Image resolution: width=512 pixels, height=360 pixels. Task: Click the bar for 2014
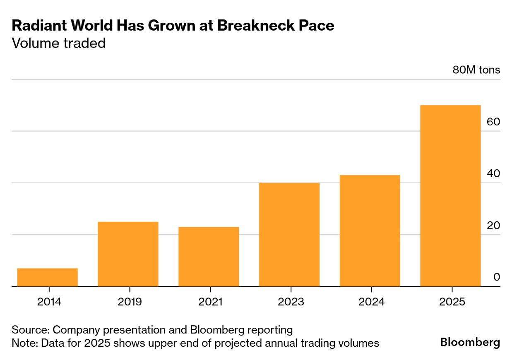(x=48, y=277)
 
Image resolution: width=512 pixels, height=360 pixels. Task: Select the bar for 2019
(x=128, y=254)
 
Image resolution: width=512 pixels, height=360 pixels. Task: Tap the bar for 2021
(x=209, y=257)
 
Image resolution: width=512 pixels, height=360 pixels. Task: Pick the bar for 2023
(x=289, y=235)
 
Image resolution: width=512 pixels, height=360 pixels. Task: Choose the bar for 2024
(x=370, y=230)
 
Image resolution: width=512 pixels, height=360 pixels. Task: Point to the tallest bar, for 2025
(x=450, y=196)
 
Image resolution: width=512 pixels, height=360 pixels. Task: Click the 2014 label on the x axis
(x=49, y=302)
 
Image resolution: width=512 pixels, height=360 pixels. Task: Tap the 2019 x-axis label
(x=130, y=302)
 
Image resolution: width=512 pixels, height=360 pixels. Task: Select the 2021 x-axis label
(x=210, y=302)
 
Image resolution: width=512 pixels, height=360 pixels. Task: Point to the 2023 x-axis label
(x=291, y=302)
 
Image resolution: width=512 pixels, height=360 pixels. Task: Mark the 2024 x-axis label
(x=371, y=302)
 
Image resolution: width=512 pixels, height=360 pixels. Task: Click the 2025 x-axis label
(x=452, y=302)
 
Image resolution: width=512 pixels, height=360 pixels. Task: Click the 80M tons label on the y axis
(x=476, y=70)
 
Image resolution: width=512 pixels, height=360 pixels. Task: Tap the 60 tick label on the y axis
(x=494, y=122)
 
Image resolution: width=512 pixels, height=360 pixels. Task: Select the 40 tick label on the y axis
(x=494, y=174)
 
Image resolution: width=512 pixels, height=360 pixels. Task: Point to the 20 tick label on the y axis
(x=494, y=226)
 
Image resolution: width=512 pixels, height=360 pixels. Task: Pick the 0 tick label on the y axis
(x=497, y=277)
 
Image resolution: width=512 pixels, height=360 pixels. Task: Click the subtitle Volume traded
(x=59, y=43)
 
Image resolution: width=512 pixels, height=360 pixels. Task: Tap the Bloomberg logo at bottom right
(x=470, y=343)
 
